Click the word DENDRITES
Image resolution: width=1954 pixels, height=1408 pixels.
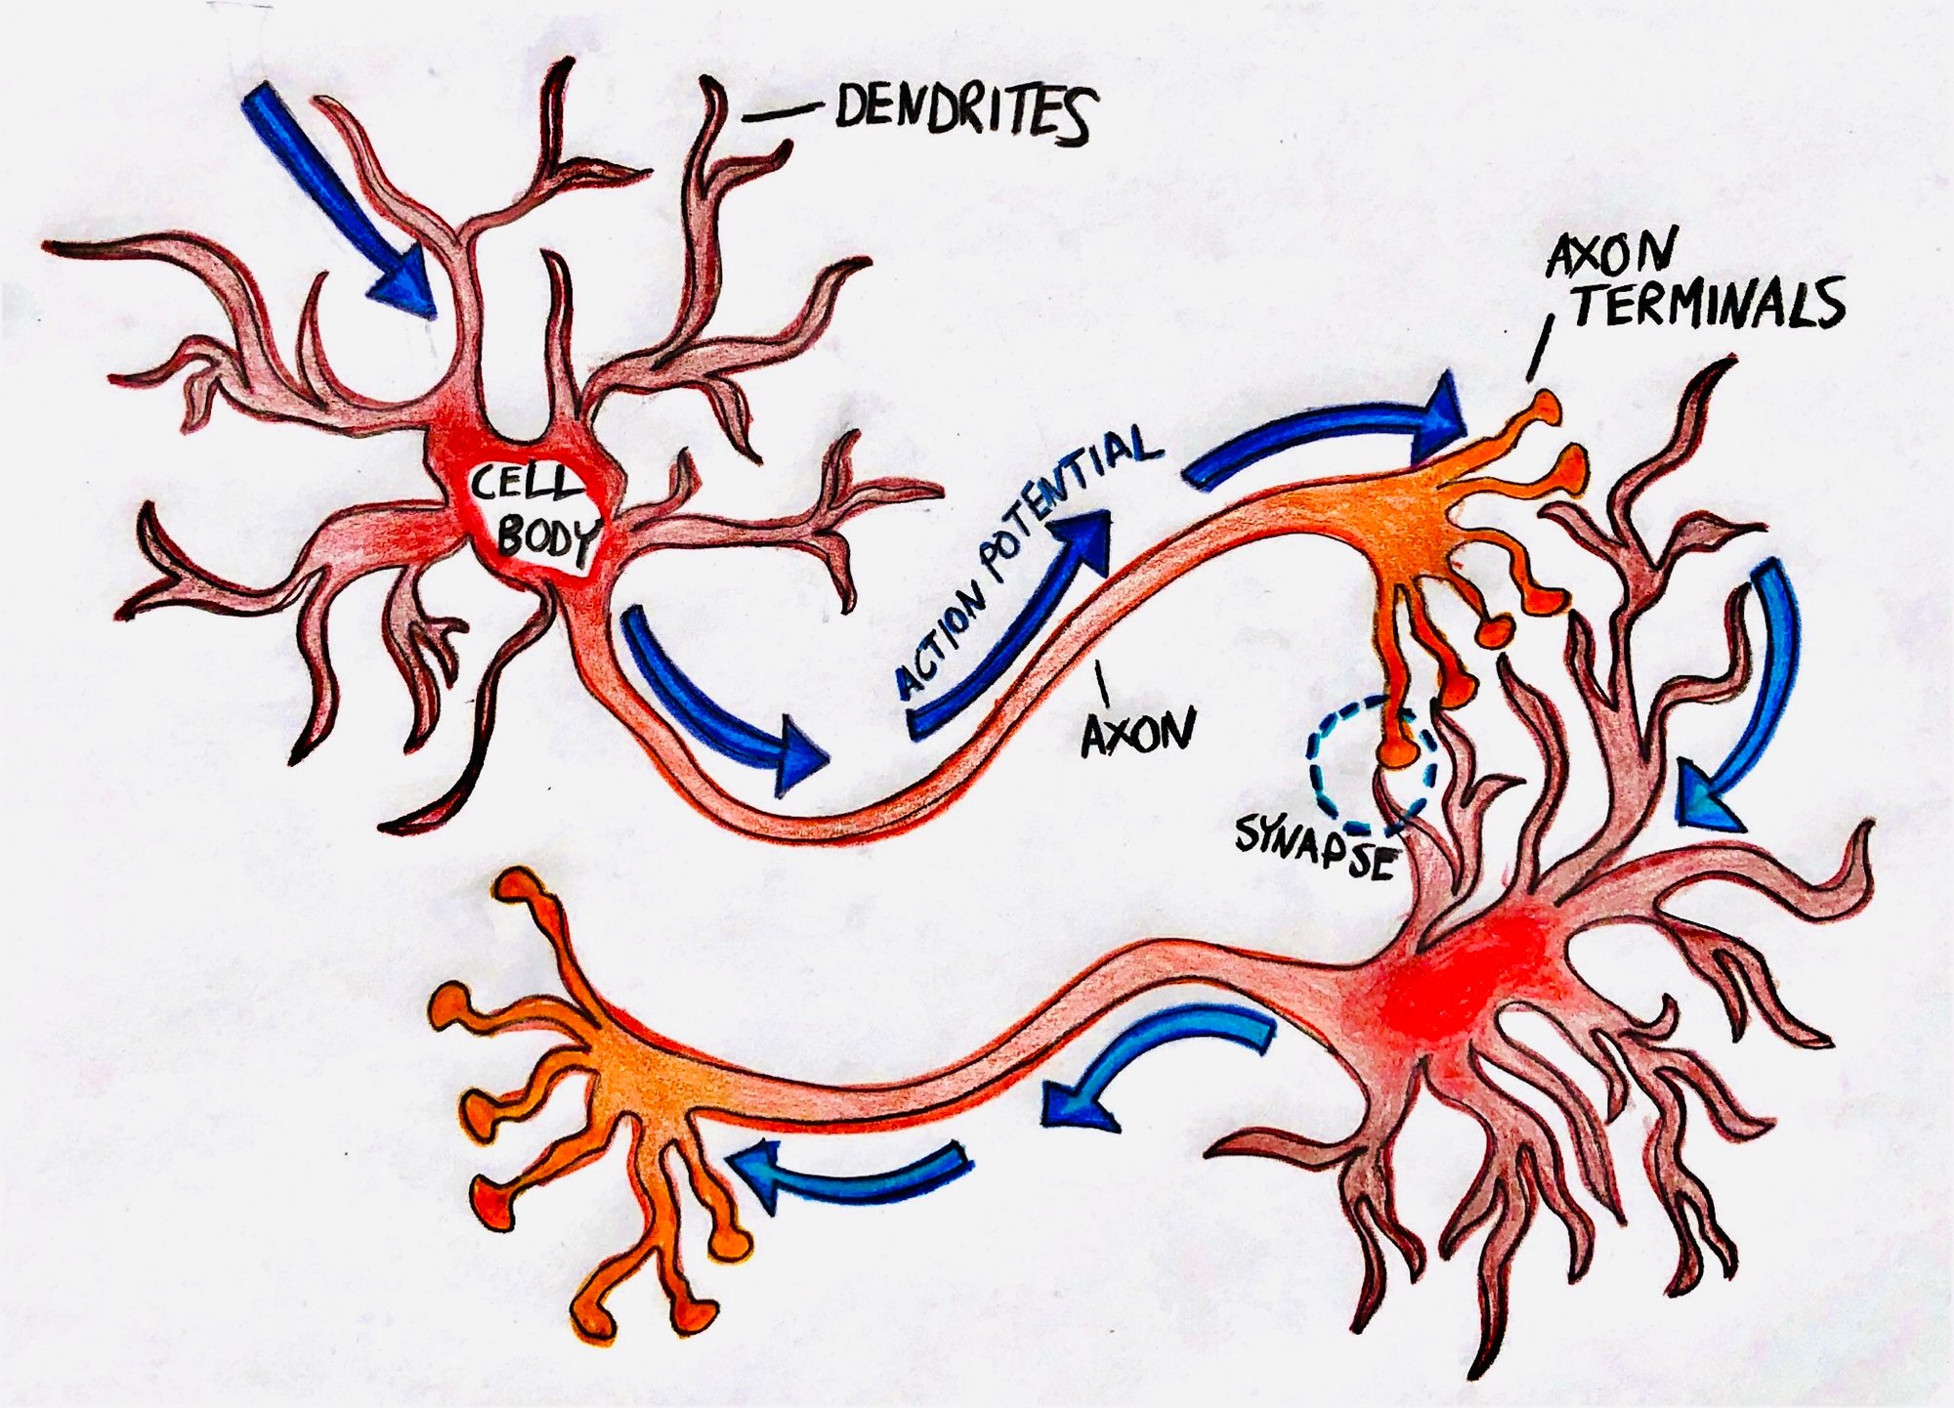click(x=962, y=113)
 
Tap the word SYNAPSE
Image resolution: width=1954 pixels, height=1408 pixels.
click(x=1314, y=846)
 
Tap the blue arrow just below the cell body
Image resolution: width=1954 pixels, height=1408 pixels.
click(x=723, y=704)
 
